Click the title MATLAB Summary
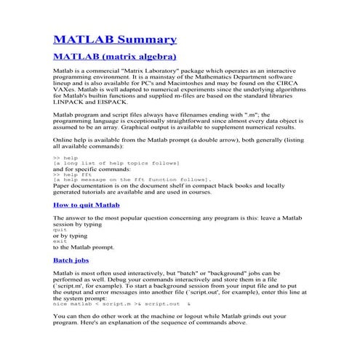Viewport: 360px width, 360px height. point(115,39)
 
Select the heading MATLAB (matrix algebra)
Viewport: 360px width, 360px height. point(115,56)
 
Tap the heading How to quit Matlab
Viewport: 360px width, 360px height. point(86,206)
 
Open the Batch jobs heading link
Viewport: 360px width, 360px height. point(71,260)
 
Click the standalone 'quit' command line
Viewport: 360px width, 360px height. point(60,230)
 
